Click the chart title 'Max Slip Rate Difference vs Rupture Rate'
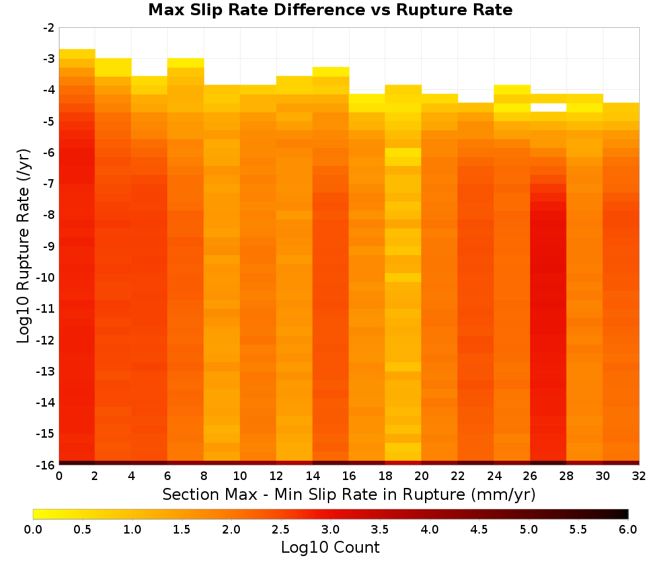pyautogui.click(x=330, y=10)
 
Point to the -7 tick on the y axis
pyautogui.click(x=48, y=184)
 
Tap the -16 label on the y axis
pyautogui.click(x=46, y=465)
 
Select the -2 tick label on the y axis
pyautogui.click(x=48, y=28)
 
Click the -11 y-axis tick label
pyautogui.click(x=46, y=309)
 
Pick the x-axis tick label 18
pyautogui.click(x=385, y=476)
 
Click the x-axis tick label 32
pyautogui.click(x=639, y=476)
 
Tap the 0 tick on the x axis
pyautogui.click(x=59, y=476)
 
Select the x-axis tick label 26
pyautogui.click(x=530, y=476)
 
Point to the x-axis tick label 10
pyautogui.click(x=240, y=476)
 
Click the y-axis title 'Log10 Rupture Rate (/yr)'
pyautogui.click(x=23, y=246)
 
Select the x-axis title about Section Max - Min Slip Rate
pyautogui.click(x=349, y=494)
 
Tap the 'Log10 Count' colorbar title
pyautogui.click(x=330, y=547)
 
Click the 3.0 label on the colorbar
pyautogui.click(x=330, y=530)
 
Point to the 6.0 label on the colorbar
pyautogui.click(x=628, y=530)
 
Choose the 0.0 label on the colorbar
pyautogui.click(x=33, y=530)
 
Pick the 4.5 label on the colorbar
pyautogui.click(x=479, y=530)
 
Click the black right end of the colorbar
pyautogui.click(x=626, y=514)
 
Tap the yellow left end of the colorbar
pyautogui.click(x=36, y=514)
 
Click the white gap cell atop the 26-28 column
pyautogui.click(x=548, y=108)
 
